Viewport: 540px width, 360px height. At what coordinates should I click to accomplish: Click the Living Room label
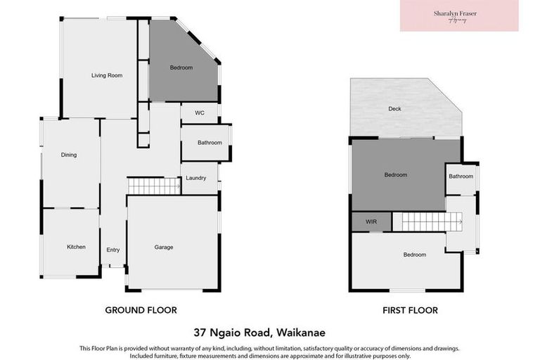click(x=107, y=75)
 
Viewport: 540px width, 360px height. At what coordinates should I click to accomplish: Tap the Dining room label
click(x=69, y=155)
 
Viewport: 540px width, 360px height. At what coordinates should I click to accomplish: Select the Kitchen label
click(x=76, y=247)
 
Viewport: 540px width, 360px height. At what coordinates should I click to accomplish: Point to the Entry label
click(x=113, y=250)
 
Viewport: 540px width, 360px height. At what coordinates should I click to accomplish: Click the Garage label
click(x=164, y=247)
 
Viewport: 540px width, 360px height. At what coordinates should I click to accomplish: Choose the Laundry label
click(x=196, y=178)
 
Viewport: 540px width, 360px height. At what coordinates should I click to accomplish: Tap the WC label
click(x=199, y=112)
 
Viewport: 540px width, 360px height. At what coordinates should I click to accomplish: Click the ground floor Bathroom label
click(x=210, y=143)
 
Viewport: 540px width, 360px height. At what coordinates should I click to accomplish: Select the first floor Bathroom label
click(x=461, y=176)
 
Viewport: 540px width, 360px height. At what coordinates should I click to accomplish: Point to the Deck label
click(x=394, y=109)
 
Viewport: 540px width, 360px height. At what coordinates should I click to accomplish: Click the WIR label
click(x=371, y=221)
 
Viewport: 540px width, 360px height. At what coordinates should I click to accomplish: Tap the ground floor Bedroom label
click(x=181, y=67)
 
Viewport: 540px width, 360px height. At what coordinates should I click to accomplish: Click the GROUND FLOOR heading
click(x=141, y=310)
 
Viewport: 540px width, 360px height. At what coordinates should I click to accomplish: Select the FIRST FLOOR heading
click(x=409, y=310)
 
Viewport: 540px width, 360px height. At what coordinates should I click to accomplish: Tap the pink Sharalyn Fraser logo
click(x=459, y=15)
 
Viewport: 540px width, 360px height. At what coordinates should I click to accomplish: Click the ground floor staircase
click(x=154, y=186)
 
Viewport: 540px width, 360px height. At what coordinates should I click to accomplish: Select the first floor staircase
click(x=421, y=222)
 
